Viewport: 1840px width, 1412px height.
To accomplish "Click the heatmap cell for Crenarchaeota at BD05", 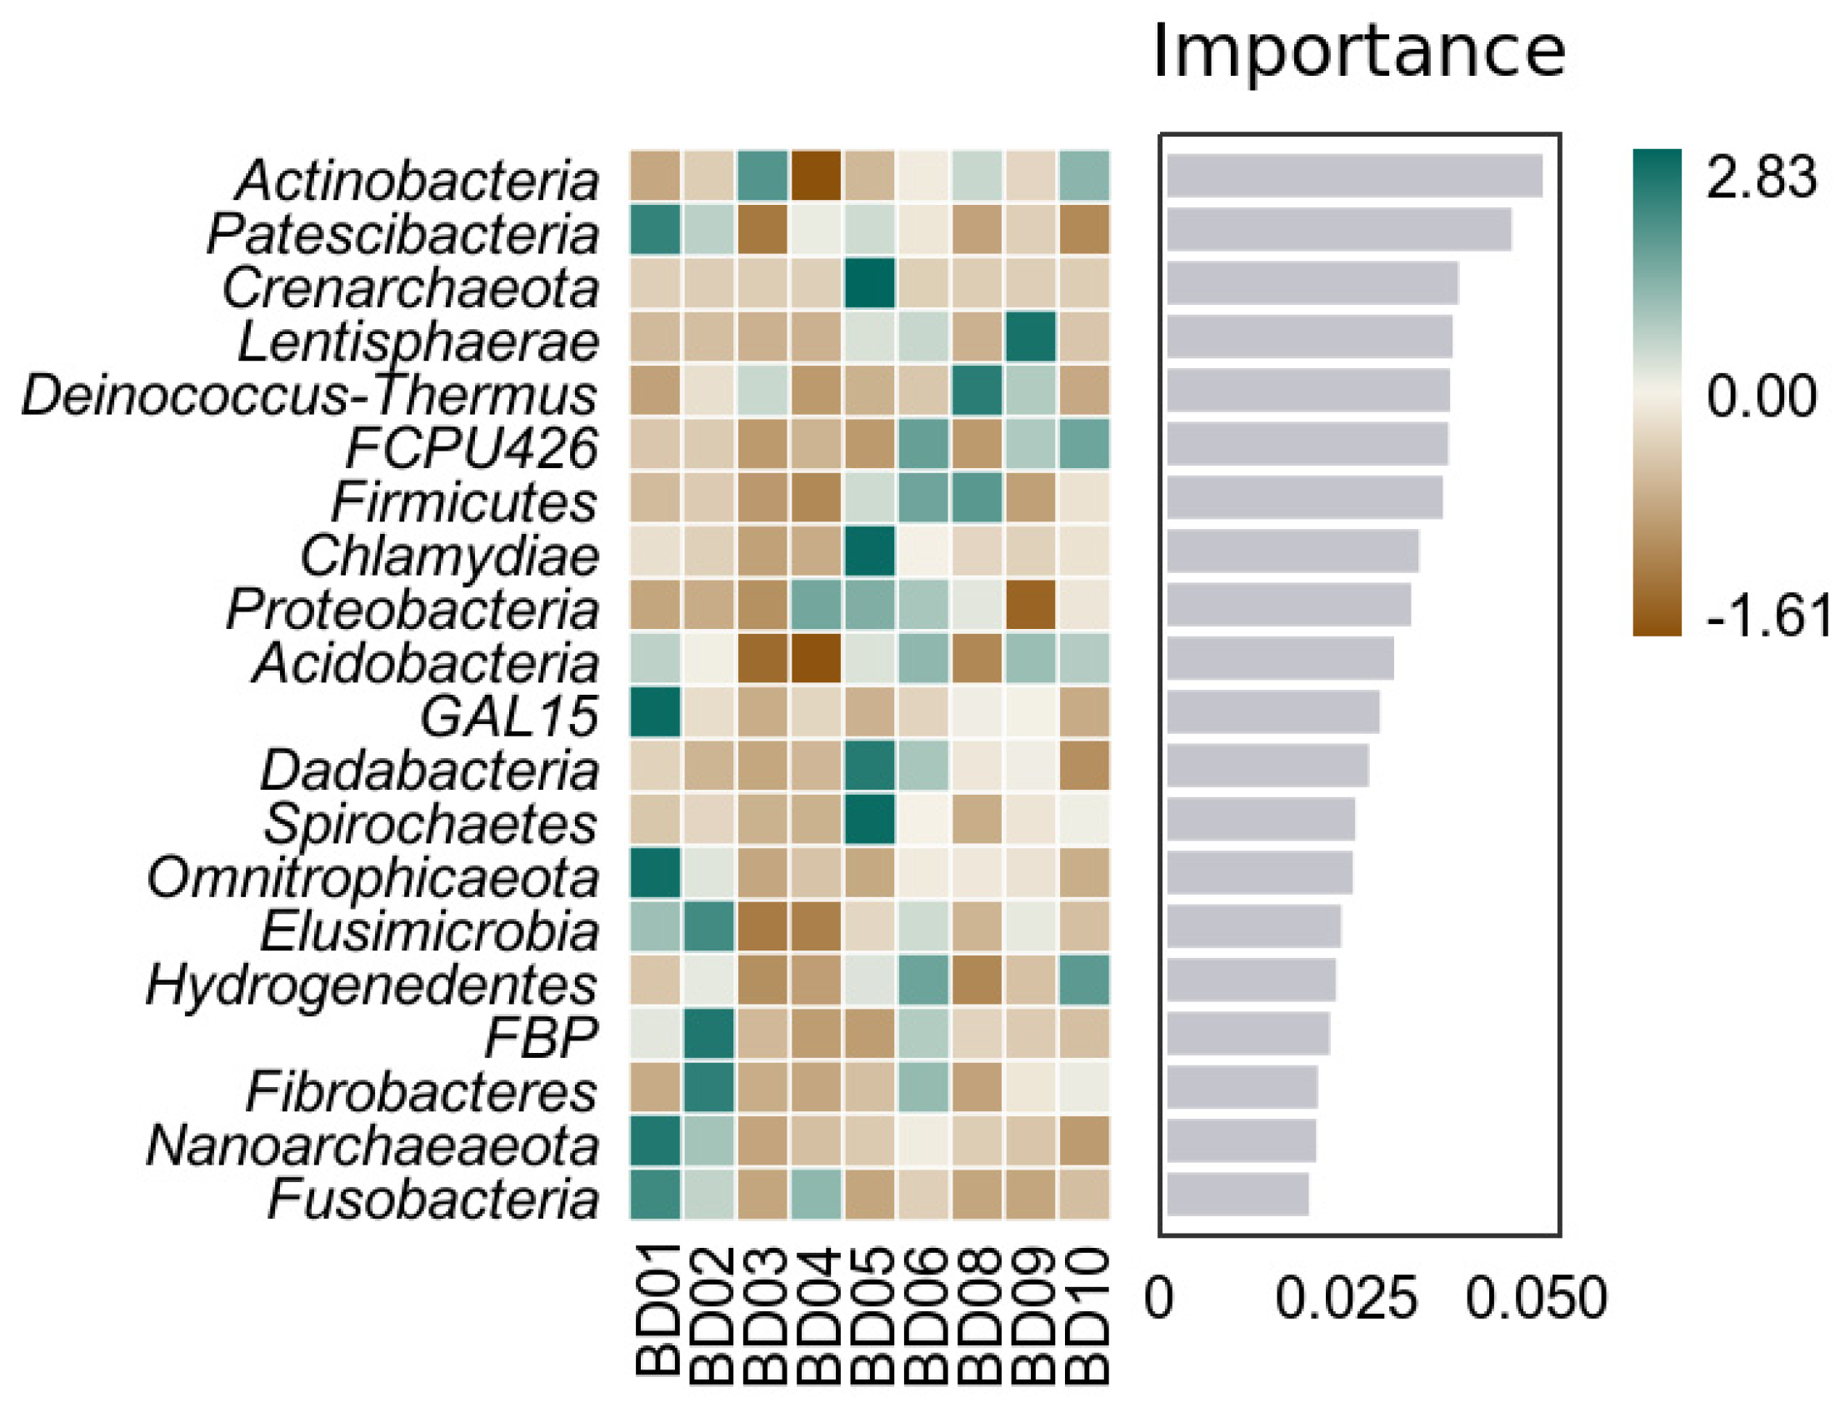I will click(x=870, y=283).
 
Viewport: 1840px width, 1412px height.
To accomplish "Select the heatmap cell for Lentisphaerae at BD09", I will click(x=1031, y=337).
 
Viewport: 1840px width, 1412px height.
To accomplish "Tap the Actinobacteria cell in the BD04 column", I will click(x=816, y=176).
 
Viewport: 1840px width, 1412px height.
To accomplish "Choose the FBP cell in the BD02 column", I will click(x=708, y=1034).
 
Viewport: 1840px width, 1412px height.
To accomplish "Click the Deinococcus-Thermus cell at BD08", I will click(x=977, y=390).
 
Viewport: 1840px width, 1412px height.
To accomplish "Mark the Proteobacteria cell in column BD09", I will click(x=1031, y=605).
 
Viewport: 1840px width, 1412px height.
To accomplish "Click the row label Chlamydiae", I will click(x=449, y=556).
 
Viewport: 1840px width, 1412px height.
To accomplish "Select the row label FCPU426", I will click(x=472, y=448).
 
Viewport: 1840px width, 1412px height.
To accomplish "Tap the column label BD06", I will click(x=924, y=1315).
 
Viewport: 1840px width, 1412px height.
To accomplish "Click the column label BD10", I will click(x=1085, y=1315).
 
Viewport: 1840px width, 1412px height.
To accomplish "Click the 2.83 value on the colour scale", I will click(x=1761, y=177).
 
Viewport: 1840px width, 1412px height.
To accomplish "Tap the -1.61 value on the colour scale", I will click(x=1767, y=616).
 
